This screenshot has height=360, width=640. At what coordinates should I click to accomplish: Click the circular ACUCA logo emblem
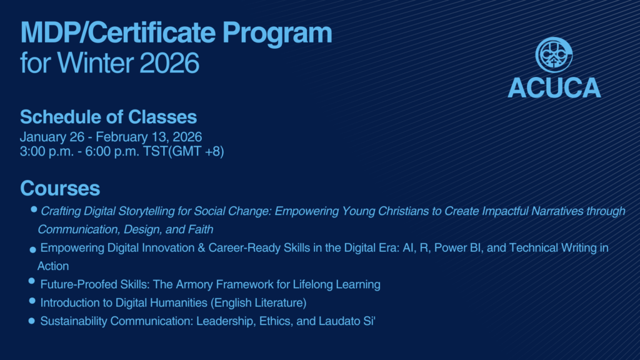click(554, 55)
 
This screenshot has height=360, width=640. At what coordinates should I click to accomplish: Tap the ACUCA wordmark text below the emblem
click(554, 87)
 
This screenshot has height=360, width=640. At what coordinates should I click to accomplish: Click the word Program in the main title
click(277, 33)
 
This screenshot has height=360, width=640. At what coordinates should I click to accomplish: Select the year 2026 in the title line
click(169, 63)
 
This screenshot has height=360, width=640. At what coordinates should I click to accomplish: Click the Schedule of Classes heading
click(108, 117)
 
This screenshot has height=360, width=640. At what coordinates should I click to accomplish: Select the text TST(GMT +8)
click(183, 151)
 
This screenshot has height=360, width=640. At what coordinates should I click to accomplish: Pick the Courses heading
click(60, 188)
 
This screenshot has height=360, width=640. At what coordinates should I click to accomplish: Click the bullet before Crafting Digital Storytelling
click(34, 209)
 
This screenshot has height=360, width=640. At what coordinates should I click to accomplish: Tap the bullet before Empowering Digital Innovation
click(33, 250)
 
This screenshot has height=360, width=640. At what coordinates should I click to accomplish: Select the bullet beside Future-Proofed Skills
click(32, 281)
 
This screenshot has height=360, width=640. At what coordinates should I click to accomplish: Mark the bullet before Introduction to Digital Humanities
click(32, 301)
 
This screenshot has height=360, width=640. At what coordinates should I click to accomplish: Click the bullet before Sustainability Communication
click(32, 321)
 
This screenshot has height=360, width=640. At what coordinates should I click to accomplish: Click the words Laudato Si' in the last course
click(347, 321)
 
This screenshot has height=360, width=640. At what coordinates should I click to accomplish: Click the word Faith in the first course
click(201, 229)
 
